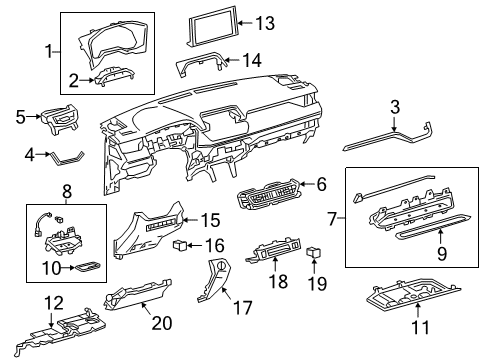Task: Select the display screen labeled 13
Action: pos(211,28)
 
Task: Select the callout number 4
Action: pos(30,154)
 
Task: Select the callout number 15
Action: pos(209,219)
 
